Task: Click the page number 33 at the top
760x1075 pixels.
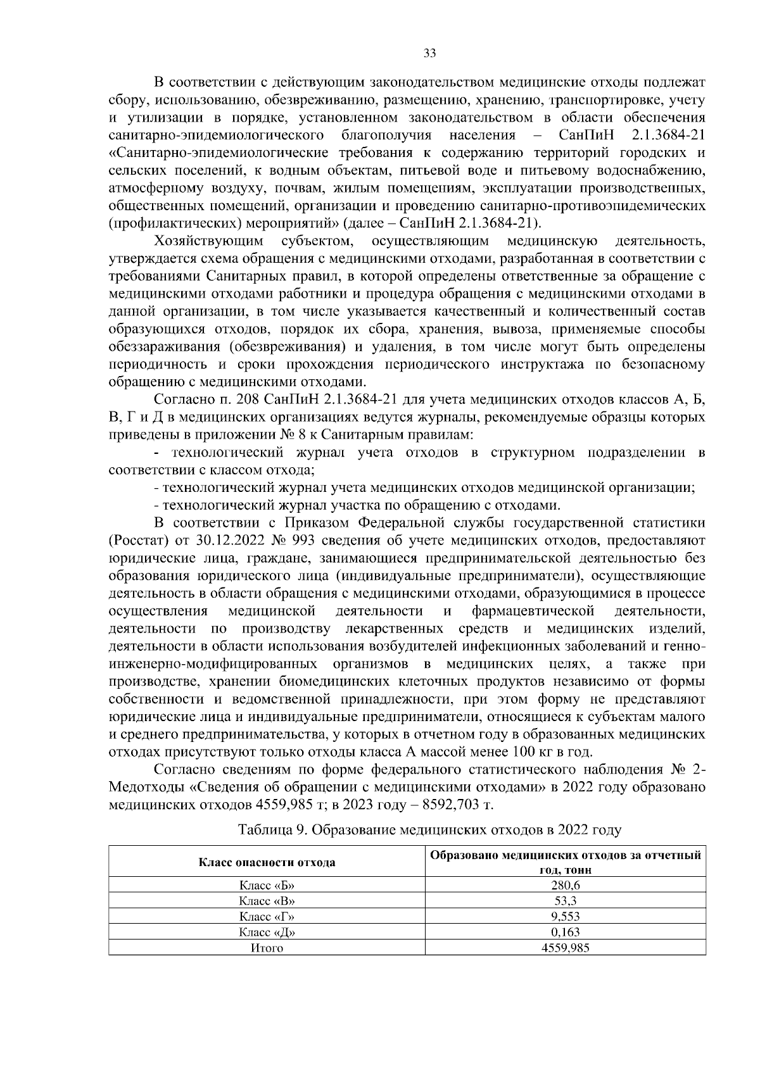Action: (429, 54)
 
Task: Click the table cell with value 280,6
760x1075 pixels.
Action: (565, 885)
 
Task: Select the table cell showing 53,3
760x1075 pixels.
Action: (565, 901)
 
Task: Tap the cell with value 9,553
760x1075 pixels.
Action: (565, 916)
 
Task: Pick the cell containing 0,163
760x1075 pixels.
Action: (565, 932)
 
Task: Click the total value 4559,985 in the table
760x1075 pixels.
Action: (565, 948)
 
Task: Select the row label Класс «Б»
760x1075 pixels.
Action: (267, 885)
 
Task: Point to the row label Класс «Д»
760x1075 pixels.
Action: (267, 932)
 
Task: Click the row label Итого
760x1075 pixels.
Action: (267, 948)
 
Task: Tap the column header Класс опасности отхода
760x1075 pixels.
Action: (267, 862)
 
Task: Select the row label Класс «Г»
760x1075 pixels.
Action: (267, 916)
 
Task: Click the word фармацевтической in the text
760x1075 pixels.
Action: (533, 611)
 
